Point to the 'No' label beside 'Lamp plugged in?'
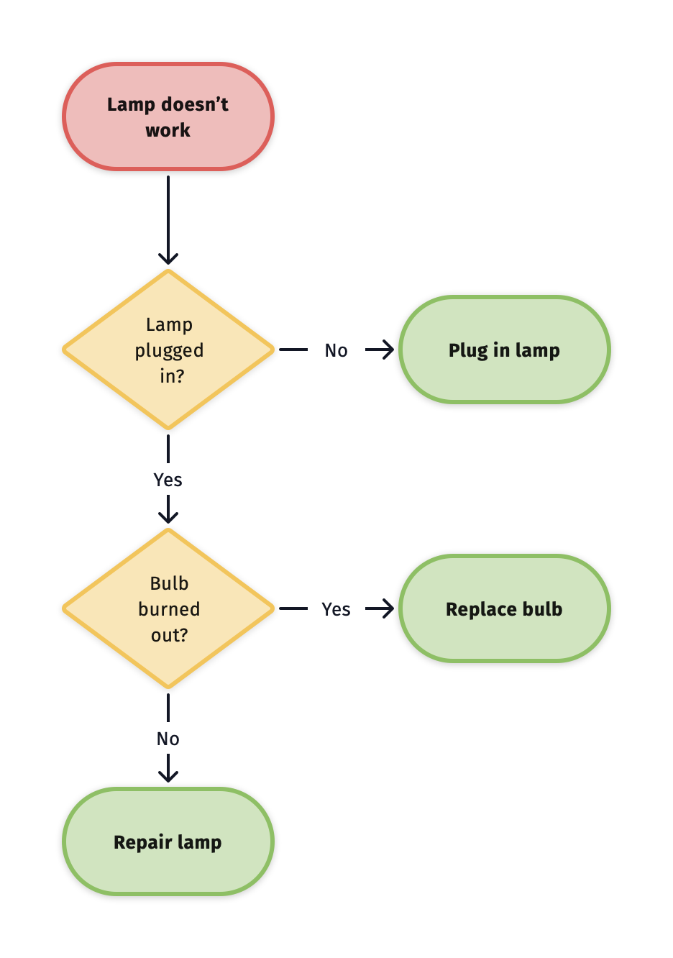(x=336, y=350)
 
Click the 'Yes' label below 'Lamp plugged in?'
(x=168, y=480)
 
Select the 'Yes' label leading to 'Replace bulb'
(x=336, y=609)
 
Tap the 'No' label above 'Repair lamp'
(x=168, y=739)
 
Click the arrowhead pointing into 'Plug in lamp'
(x=388, y=350)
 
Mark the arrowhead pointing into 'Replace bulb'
(x=388, y=609)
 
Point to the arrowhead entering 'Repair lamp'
(x=168, y=776)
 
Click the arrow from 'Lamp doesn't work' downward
(x=168, y=216)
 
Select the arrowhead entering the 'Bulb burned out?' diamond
(x=168, y=517)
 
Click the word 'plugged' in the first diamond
(x=169, y=351)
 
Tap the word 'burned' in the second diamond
(x=169, y=609)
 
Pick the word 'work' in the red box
(x=168, y=130)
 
